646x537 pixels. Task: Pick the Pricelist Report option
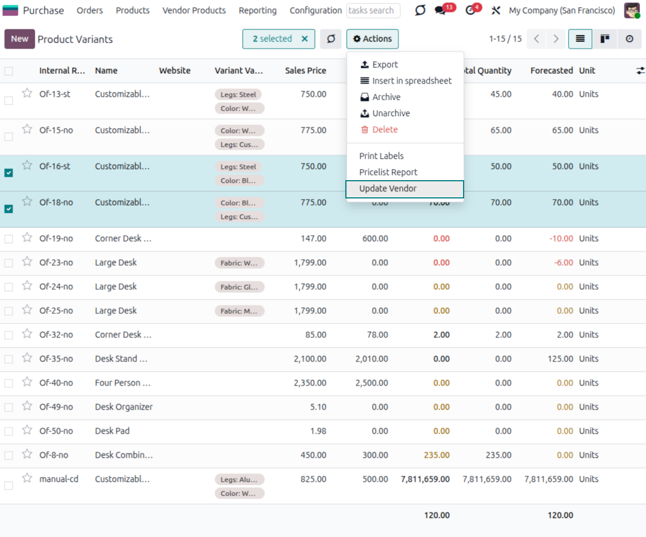click(x=388, y=172)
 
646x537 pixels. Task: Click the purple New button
click(x=19, y=39)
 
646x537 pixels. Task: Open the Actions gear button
click(x=372, y=39)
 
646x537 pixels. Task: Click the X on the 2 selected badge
click(x=305, y=39)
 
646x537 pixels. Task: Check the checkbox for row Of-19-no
click(x=9, y=239)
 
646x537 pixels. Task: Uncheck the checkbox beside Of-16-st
click(x=9, y=173)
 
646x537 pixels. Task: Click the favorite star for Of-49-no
click(x=27, y=407)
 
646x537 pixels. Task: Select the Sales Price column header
click(x=305, y=71)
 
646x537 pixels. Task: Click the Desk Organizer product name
click(x=123, y=407)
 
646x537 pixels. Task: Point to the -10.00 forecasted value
click(x=561, y=238)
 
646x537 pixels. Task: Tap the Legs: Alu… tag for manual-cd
click(x=239, y=479)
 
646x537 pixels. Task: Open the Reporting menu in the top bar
click(x=257, y=10)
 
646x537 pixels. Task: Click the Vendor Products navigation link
click(x=194, y=10)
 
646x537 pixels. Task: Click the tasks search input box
click(x=373, y=10)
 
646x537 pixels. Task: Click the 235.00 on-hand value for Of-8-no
click(x=437, y=455)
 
